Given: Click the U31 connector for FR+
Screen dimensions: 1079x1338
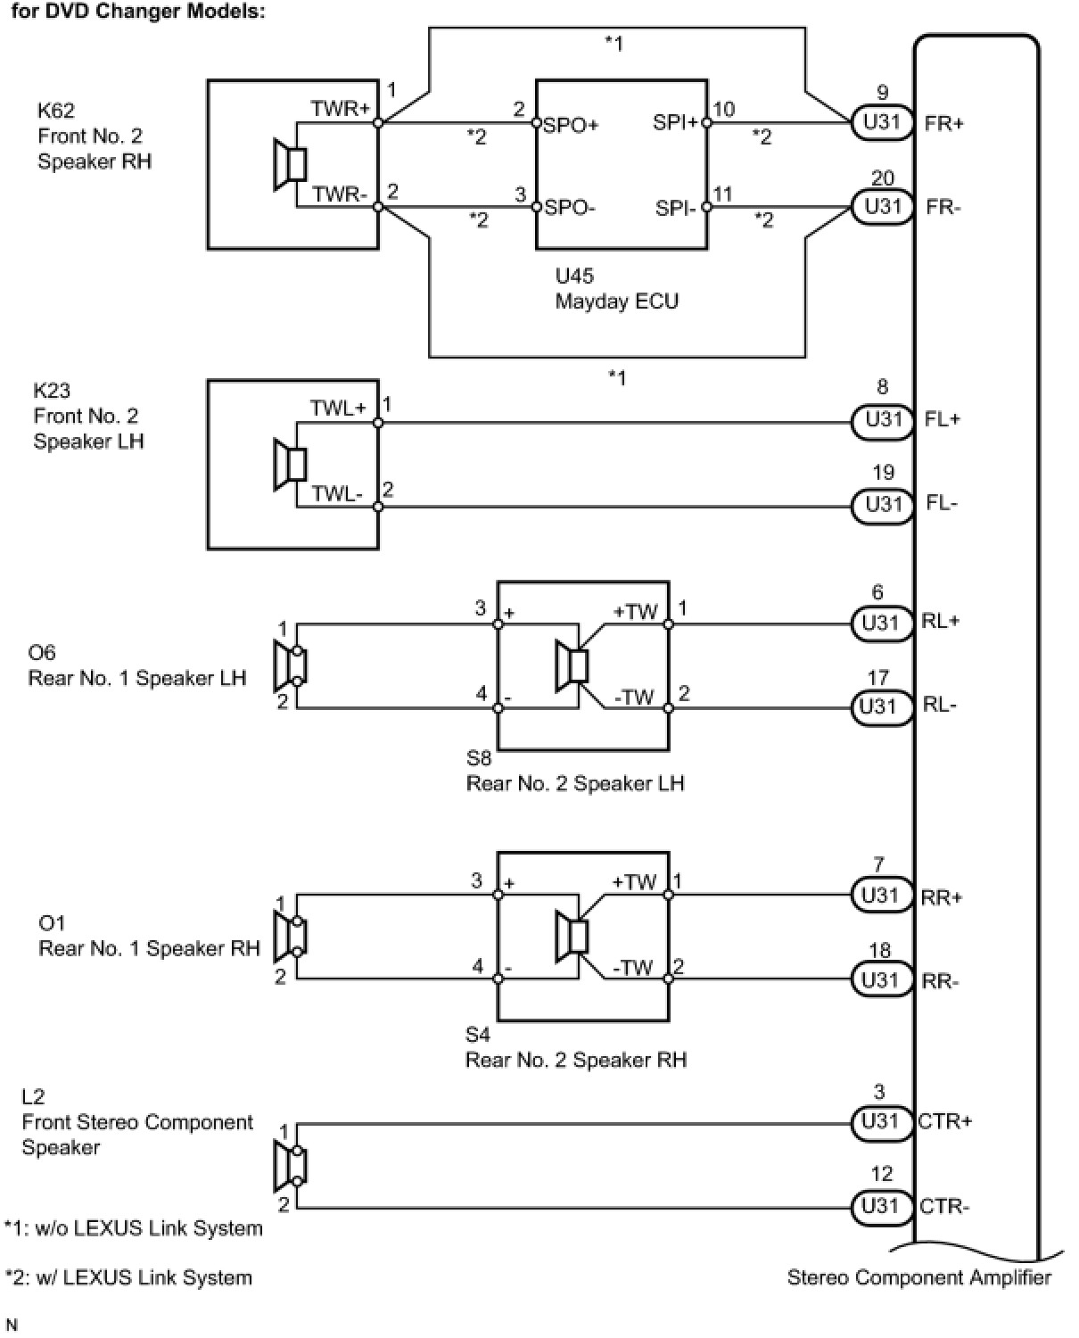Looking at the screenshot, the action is point(882,122).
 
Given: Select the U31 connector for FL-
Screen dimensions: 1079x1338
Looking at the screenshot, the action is point(882,504).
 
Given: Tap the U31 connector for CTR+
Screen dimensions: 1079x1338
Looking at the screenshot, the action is point(881,1122).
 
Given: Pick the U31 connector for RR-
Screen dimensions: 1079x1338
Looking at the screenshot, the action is point(881,980).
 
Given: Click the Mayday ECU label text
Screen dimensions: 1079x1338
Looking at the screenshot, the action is point(616,301).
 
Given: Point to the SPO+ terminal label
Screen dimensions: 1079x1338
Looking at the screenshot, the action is point(571,125).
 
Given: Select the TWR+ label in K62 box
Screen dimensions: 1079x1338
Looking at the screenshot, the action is point(341,109).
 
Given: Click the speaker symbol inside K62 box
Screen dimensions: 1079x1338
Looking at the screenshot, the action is point(291,165).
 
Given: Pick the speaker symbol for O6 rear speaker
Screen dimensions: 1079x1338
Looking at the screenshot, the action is point(291,666).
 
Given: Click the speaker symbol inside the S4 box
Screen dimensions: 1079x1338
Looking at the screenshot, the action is point(572,938).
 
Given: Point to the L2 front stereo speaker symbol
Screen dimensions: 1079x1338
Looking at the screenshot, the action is point(291,1166).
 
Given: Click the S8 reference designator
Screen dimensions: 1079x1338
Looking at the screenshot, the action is point(479,758).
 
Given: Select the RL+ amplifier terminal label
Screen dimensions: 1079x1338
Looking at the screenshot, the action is point(941,621).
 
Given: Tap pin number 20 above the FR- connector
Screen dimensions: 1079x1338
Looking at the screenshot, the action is point(883,178).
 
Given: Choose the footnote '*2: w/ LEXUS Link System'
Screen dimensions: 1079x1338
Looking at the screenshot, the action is point(128,1278).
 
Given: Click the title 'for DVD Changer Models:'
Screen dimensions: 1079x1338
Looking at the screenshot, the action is point(138,12).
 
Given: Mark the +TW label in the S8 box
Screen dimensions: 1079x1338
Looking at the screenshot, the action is point(635,612).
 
